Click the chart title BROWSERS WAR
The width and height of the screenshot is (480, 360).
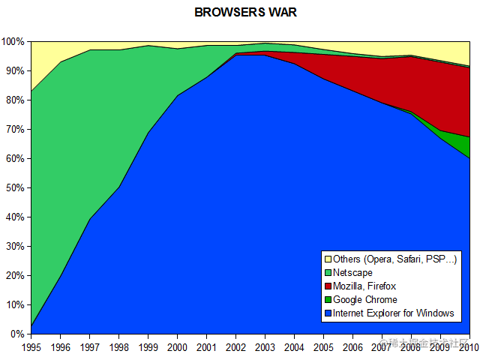tap(240, 13)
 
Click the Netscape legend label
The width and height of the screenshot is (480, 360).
tap(352, 272)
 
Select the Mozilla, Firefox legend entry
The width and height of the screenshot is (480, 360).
tap(364, 286)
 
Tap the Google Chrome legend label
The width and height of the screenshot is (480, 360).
tap(364, 299)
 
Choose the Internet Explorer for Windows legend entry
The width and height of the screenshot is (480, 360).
tap(393, 313)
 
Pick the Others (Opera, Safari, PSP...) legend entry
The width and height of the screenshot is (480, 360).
tap(394, 259)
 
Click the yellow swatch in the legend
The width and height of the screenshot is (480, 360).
tap(327, 259)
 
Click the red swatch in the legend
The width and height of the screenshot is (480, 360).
tap(327, 286)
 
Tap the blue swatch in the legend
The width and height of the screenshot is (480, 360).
tap(327, 313)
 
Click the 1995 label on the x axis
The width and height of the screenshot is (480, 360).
tap(31, 346)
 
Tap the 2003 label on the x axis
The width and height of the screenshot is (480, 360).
tap(265, 346)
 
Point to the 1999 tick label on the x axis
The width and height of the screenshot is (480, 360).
tap(148, 346)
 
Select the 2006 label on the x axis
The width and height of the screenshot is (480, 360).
tap(353, 346)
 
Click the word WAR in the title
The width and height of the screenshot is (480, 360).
tap(271, 13)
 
